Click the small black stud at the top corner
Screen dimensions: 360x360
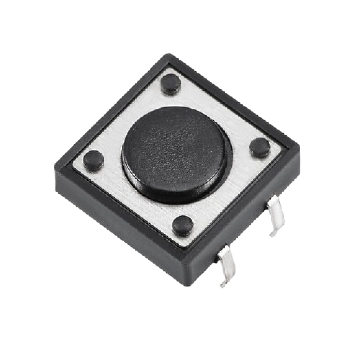[x=171, y=84]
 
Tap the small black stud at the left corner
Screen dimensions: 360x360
[x=93, y=160]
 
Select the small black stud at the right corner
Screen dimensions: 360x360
[x=260, y=147]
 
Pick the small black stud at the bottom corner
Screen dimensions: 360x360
[x=183, y=225]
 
